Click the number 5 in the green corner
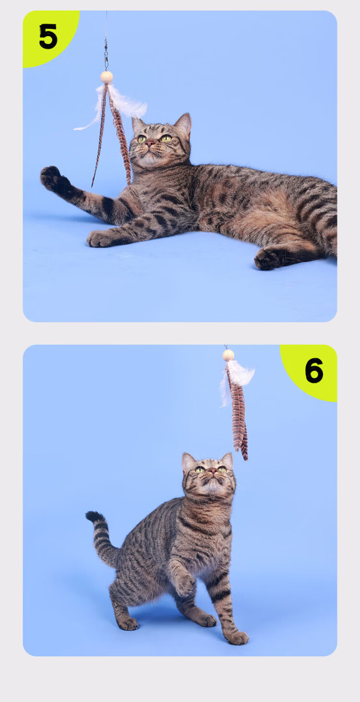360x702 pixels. [x=48, y=36]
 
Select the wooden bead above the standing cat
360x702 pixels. [x=228, y=355]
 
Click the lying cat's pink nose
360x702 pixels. [x=150, y=144]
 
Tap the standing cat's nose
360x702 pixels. [x=213, y=471]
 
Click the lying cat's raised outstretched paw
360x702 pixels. [x=51, y=177]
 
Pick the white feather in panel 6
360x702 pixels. [x=237, y=377]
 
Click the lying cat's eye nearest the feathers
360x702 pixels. [x=142, y=138]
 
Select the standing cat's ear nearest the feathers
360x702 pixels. [x=227, y=460]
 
